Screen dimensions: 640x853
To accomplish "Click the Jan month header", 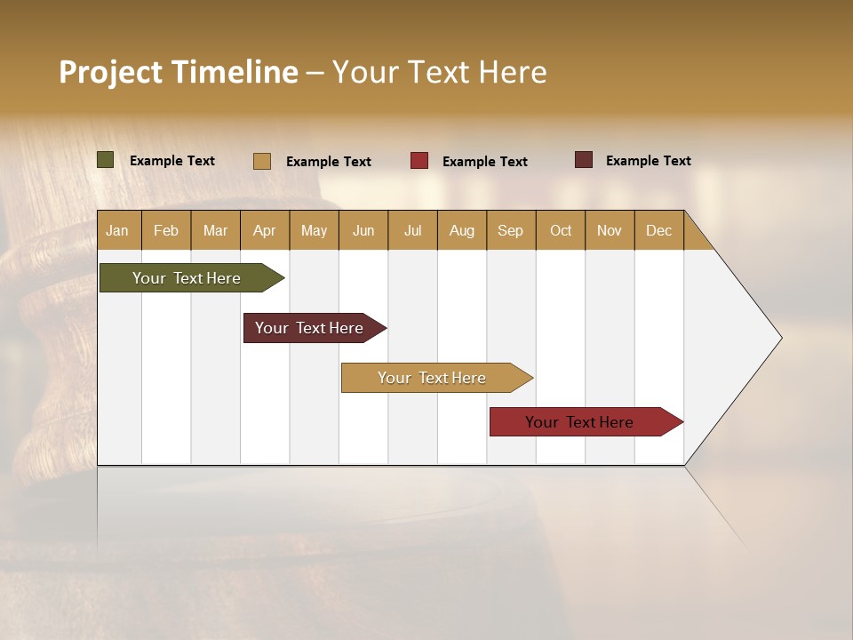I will click(118, 230).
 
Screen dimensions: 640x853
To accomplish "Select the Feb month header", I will click(166, 230).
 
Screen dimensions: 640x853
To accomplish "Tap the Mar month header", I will click(215, 230).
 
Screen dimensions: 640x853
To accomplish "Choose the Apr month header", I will click(265, 230).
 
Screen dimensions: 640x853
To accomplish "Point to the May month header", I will click(314, 230).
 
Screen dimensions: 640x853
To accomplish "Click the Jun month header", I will click(363, 230).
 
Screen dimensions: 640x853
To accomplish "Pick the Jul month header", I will click(412, 230).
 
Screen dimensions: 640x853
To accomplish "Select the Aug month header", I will click(462, 230).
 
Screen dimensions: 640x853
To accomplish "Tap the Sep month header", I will click(511, 230).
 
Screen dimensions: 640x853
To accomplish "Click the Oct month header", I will click(561, 230).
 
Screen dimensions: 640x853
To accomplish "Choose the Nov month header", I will click(610, 230).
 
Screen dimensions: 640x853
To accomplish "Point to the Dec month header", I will click(659, 230).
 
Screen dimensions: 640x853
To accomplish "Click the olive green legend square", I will click(106, 160).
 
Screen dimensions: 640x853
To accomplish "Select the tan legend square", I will click(262, 161).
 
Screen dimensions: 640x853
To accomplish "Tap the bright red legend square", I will click(419, 161).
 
